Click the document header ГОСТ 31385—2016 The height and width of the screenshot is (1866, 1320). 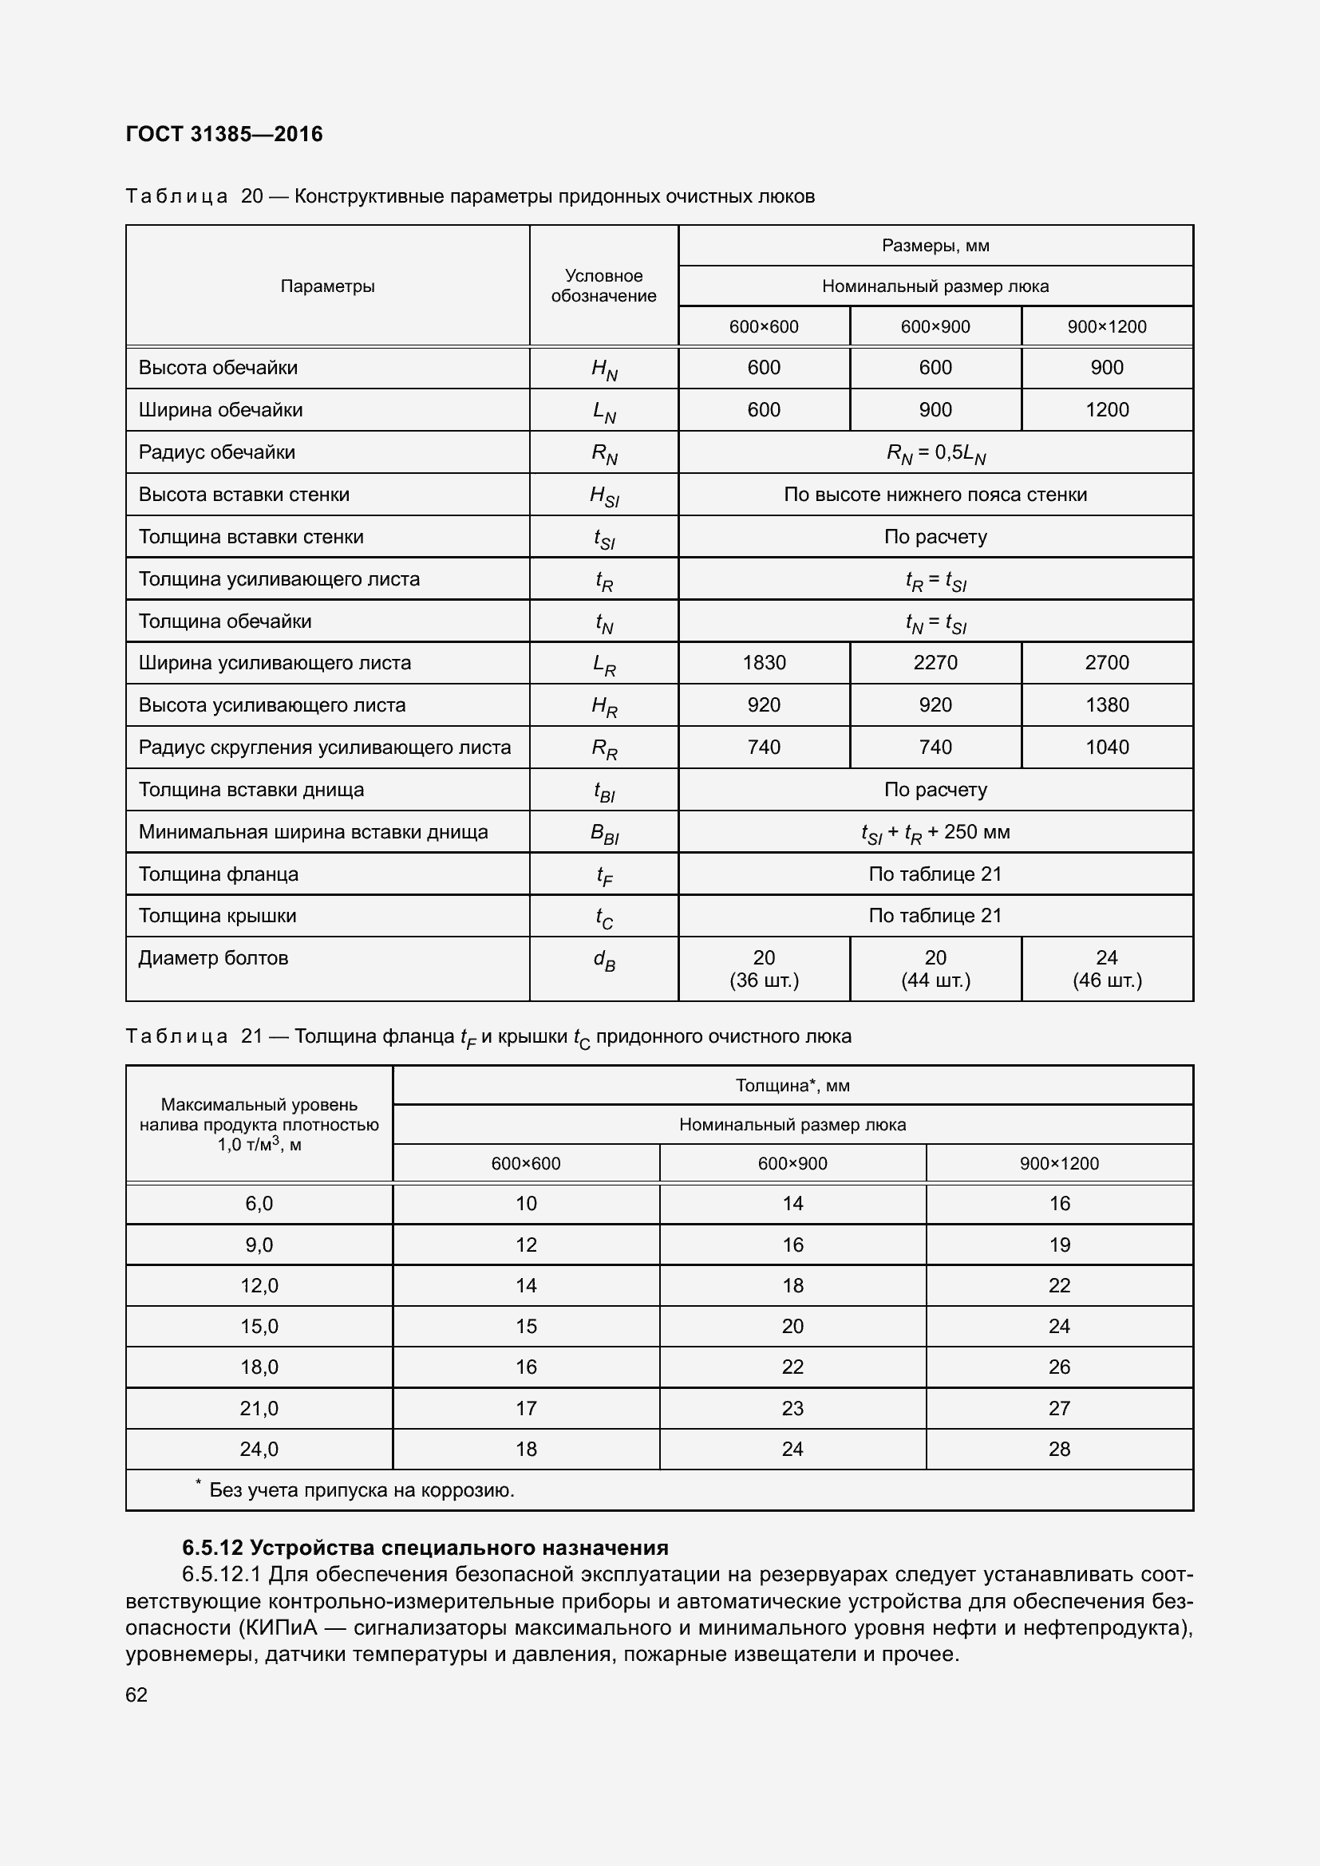(224, 134)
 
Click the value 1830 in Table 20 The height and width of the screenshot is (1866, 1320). (763, 662)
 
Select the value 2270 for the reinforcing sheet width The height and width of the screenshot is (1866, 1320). (935, 662)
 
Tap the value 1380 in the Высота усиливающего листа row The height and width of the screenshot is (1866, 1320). (1106, 704)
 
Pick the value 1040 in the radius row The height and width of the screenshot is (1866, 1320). (1106, 747)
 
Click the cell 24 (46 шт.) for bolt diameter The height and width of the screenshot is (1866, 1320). (1106, 968)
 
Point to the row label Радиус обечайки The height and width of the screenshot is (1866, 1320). (216, 452)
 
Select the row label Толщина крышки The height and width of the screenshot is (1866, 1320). (217, 915)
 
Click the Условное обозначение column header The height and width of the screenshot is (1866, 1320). (603, 286)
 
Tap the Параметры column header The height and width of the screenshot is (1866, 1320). (327, 286)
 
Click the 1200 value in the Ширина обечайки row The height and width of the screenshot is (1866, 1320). (1106, 409)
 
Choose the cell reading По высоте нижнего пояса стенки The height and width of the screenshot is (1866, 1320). (935, 494)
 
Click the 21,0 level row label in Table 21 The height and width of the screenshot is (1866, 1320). (259, 1407)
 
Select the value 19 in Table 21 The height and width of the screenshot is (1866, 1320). (1059, 1245)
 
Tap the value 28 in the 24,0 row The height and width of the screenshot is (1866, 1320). (1059, 1448)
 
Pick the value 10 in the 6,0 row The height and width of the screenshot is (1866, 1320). (526, 1203)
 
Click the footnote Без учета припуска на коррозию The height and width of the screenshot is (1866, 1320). (362, 1489)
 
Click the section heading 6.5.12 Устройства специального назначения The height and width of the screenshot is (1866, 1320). (425, 1547)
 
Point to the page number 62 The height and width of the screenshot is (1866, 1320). (136, 1694)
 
